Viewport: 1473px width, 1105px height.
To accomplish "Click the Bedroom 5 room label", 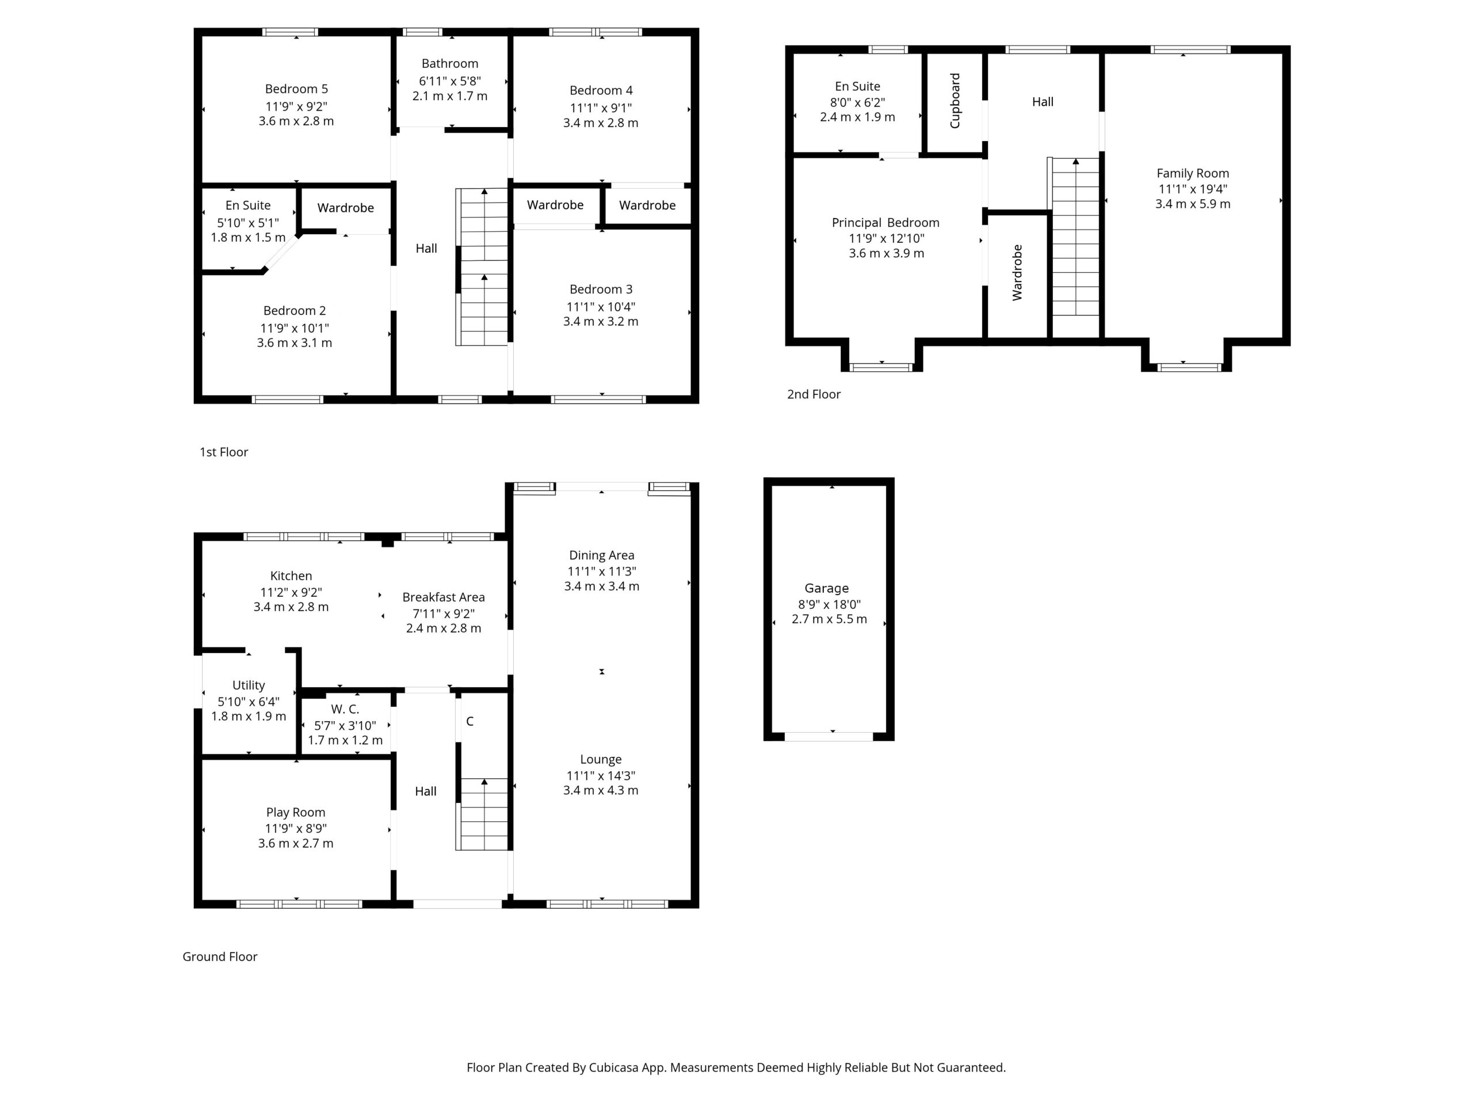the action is [x=296, y=89].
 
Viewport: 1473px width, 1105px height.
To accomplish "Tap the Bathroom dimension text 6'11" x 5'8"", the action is [x=449, y=81].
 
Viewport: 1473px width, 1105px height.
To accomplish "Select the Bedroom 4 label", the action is [x=601, y=90].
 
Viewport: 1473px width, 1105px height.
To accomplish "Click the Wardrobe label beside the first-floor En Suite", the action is [x=346, y=208].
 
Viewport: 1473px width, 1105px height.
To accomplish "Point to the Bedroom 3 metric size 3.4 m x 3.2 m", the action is [x=601, y=322].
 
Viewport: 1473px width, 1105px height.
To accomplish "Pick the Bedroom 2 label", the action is [x=295, y=311].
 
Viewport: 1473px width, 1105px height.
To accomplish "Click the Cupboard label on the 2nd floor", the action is [x=955, y=101].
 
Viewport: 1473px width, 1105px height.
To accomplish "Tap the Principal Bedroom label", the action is [x=886, y=223].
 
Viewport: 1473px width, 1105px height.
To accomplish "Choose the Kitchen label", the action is [x=291, y=576].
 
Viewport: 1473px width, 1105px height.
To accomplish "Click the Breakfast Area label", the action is [x=444, y=597].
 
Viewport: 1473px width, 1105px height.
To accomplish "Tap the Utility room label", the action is [x=249, y=685].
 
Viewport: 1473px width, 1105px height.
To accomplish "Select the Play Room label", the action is [x=296, y=813].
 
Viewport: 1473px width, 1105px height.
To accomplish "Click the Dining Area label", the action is [x=601, y=555].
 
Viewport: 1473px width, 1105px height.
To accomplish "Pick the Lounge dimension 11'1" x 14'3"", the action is [x=601, y=776].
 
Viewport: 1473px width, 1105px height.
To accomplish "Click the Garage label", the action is [x=826, y=589].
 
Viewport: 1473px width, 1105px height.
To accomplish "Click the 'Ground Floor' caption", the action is [x=220, y=957].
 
